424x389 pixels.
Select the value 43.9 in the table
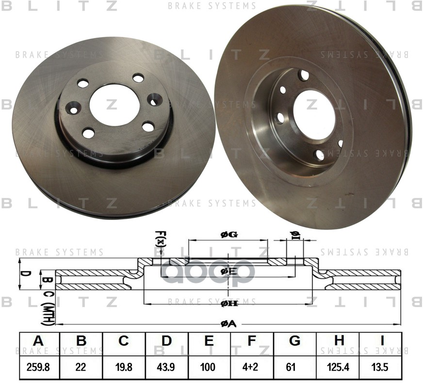(166, 368)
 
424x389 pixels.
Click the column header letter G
(294, 341)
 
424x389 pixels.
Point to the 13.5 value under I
(380, 368)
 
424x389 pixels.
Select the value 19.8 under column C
(124, 368)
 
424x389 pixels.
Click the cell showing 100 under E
(209, 368)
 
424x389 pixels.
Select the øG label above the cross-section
(228, 235)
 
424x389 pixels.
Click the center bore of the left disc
(114, 105)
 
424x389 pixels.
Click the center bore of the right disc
(313, 114)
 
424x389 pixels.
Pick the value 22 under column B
(81, 368)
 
